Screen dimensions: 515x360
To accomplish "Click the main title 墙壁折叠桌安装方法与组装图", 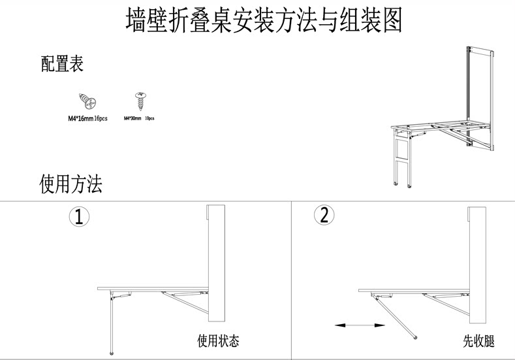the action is click(263, 21).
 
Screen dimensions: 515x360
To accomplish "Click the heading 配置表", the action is click(62, 64).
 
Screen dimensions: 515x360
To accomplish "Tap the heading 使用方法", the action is click(70, 184).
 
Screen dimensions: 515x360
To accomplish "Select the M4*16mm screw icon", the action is click(87, 102).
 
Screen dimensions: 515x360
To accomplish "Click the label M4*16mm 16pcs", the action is click(87, 119).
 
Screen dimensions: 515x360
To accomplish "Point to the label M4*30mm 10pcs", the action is click(138, 118).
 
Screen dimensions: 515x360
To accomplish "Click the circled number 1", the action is click(79, 217).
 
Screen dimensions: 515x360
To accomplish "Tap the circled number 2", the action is click(324, 215).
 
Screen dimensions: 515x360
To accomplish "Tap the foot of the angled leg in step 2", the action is click(416, 338).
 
